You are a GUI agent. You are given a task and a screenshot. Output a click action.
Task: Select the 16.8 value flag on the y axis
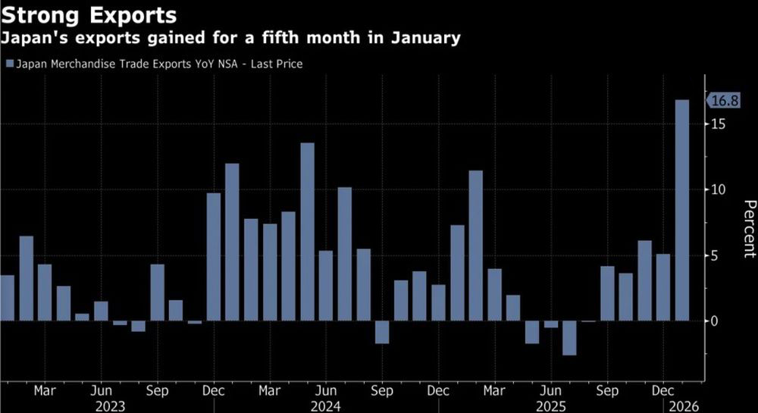click(x=722, y=100)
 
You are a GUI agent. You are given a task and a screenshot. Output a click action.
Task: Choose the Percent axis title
click(x=749, y=229)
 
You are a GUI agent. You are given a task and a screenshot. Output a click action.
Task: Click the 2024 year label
click(x=326, y=405)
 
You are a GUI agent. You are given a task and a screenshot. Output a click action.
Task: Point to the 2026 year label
click(x=681, y=405)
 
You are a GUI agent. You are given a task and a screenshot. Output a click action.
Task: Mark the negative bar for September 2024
click(x=382, y=332)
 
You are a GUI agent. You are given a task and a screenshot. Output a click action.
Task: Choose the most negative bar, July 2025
click(x=569, y=338)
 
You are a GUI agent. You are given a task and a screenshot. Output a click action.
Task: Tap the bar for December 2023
click(x=214, y=257)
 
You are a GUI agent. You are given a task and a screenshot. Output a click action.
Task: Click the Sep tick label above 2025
click(x=607, y=391)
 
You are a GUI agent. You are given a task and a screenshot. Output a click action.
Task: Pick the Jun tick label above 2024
click(x=326, y=391)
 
